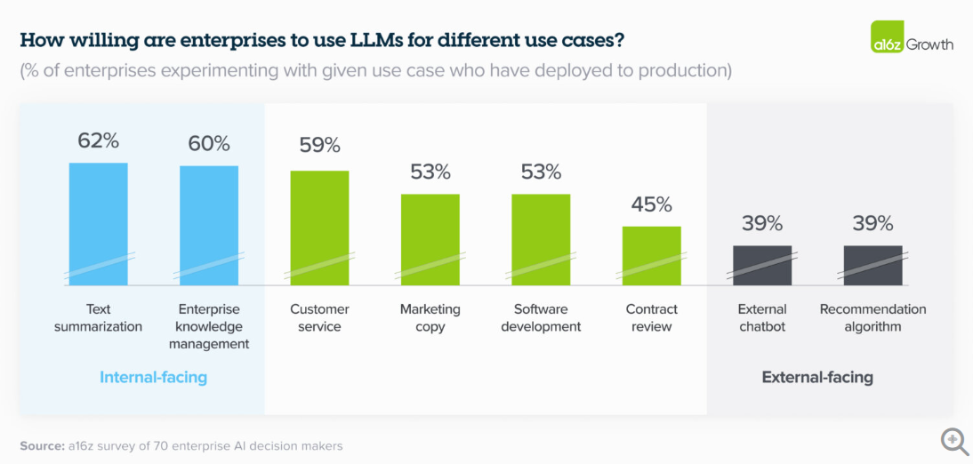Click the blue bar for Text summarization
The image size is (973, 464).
[x=99, y=222]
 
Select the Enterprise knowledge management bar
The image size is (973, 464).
[x=209, y=224]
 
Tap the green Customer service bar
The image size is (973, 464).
[x=319, y=227]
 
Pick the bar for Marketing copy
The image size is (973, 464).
[x=430, y=238]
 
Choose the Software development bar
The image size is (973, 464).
[x=541, y=238]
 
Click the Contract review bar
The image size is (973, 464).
[x=651, y=255]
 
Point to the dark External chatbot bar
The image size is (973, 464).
[x=762, y=265]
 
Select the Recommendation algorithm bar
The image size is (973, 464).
[x=872, y=265]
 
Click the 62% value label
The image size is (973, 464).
[x=99, y=140]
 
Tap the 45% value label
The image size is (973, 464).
[x=651, y=204]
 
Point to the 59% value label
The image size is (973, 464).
[x=319, y=145]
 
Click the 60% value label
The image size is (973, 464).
[x=209, y=143]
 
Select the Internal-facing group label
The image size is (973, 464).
[x=153, y=377]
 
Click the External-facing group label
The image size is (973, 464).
[x=817, y=377]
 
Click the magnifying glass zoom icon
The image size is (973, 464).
[x=954, y=440]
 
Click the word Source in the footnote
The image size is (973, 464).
[x=42, y=445]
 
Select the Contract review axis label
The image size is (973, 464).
[x=651, y=317]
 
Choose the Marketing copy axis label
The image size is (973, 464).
[x=430, y=317]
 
